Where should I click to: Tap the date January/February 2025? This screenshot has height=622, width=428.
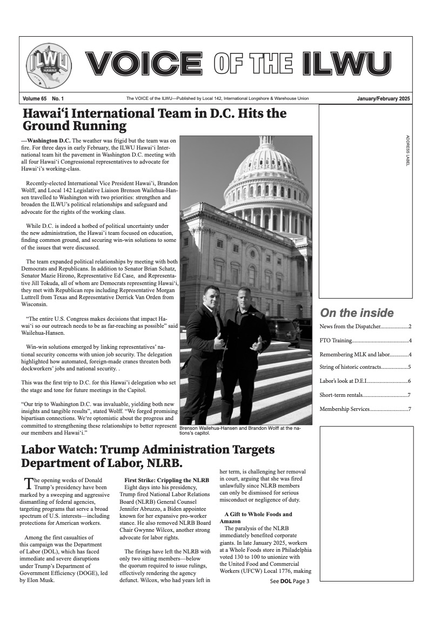coord(384,99)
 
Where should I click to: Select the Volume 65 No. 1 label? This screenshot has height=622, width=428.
coord(43,99)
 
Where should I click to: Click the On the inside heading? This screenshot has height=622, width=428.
coord(357,313)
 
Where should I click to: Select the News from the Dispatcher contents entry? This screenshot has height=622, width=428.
coord(365,327)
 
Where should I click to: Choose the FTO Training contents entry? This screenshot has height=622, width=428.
coord(365,341)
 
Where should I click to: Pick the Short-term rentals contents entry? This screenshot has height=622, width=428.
coord(365,395)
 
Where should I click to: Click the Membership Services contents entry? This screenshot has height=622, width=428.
coord(365,408)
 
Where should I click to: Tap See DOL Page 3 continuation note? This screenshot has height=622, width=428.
coord(289,582)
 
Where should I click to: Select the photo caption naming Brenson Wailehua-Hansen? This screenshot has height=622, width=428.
coord(240,430)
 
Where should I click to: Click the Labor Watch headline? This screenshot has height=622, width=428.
coord(148,456)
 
